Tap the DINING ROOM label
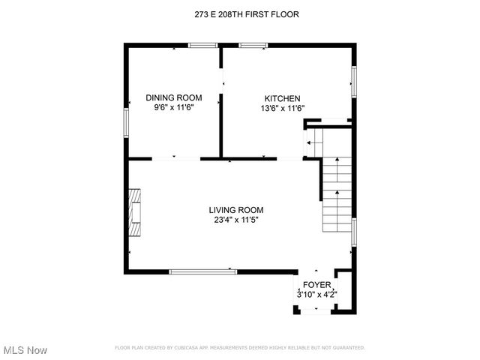(174, 97)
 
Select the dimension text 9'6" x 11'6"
(174, 108)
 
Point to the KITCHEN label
(282, 98)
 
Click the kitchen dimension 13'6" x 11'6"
(282, 108)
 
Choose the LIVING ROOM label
(236, 210)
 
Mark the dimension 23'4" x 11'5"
(236, 220)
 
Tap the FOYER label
(316, 285)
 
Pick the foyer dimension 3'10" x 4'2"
(316, 295)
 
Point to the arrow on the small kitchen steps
(310, 142)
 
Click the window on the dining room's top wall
(202, 46)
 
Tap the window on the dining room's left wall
(126, 121)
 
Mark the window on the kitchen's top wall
(253, 46)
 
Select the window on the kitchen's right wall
(353, 81)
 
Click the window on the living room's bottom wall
(198, 271)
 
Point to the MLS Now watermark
(25, 350)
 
